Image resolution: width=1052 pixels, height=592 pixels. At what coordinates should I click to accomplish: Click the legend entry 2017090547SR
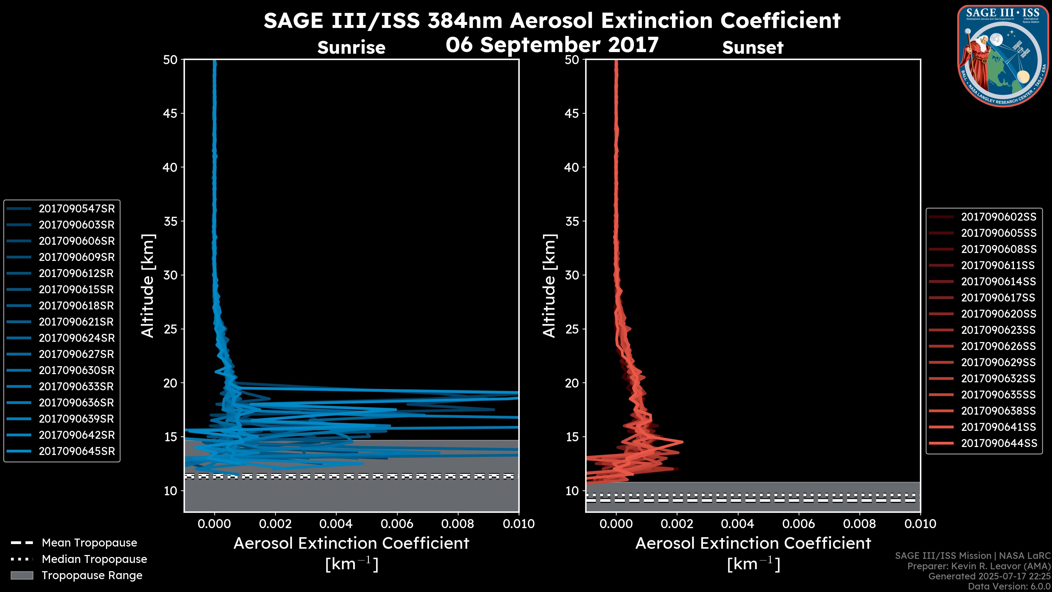[x=76, y=209]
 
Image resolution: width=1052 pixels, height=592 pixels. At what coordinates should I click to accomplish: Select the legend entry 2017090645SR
[x=76, y=451]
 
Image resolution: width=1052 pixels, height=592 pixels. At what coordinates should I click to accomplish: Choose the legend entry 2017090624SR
[x=76, y=338]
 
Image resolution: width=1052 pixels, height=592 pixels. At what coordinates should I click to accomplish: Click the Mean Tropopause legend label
[x=89, y=543]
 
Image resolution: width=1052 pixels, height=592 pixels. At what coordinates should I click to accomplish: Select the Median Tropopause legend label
[x=94, y=559]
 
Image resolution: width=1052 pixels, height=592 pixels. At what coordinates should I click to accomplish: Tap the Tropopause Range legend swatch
[x=22, y=575]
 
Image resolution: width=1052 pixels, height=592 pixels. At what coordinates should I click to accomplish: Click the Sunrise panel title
[x=351, y=48]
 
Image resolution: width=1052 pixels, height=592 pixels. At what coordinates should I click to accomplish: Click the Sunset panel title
[x=753, y=48]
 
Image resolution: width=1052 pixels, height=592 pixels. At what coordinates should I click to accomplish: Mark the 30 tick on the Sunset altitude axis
[x=572, y=275]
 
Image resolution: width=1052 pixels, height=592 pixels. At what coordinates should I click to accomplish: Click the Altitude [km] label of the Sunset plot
[x=549, y=286]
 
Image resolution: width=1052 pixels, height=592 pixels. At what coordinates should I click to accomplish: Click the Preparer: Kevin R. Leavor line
[x=979, y=566]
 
